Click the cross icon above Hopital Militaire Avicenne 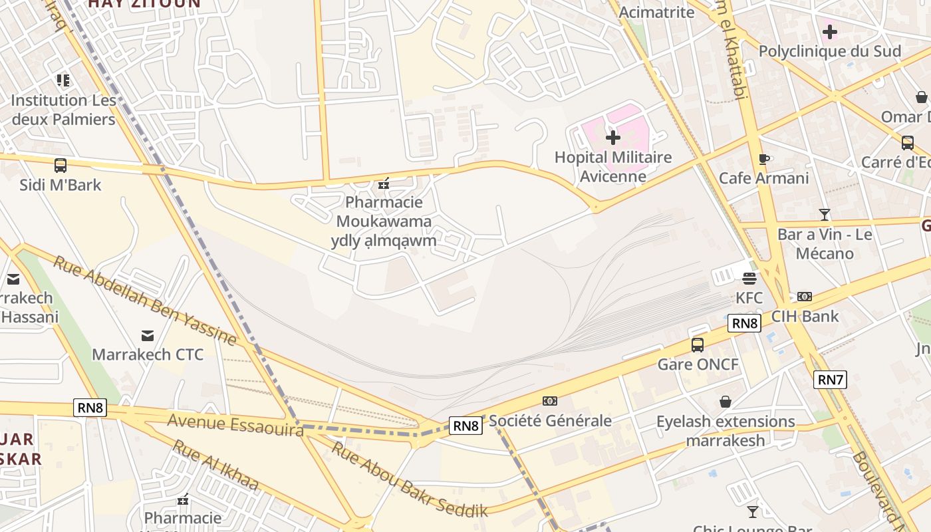[x=612, y=138]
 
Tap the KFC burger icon [x=749, y=279]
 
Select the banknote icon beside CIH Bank [x=805, y=297]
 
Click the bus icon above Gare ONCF [x=698, y=344]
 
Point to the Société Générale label [x=550, y=420]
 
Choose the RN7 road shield [x=831, y=380]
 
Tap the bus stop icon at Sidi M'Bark [x=61, y=166]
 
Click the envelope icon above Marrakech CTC [x=148, y=335]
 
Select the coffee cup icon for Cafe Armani [x=764, y=159]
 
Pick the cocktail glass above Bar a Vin [x=825, y=215]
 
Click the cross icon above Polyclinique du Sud [x=830, y=31]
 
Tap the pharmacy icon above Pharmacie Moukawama [x=384, y=184]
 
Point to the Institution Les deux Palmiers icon [x=63, y=81]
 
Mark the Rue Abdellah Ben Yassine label [x=144, y=301]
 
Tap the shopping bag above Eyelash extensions [x=726, y=402]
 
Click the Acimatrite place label [x=656, y=13]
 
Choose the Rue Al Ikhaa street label [x=215, y=465]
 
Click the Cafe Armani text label [x=764, y=178]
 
